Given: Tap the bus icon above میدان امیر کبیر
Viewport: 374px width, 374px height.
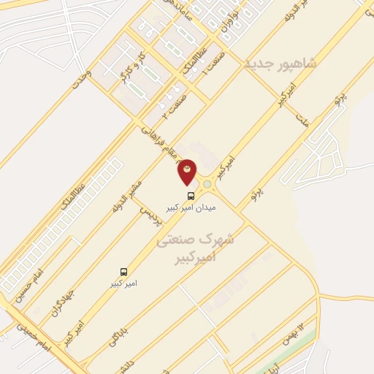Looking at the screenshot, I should pos(191,196).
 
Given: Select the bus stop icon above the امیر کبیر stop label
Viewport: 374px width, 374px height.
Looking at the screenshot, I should pos(123,270).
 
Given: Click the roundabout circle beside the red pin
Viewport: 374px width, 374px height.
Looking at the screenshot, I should pos(207,184).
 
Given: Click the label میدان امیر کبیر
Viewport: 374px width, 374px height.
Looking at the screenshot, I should pos(191,207).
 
